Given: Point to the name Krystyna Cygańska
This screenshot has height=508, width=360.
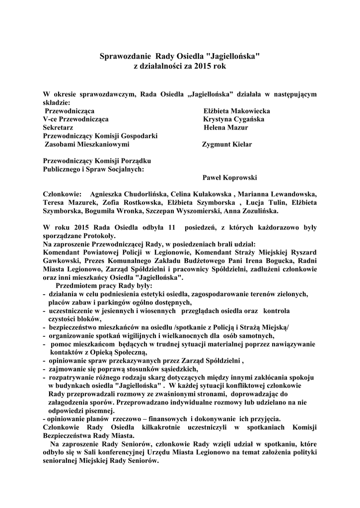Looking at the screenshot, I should [x=233, y=119].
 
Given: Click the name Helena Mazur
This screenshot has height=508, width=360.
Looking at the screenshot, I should [x=226, y=127].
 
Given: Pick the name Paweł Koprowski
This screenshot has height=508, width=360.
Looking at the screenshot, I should [x=230, y=178].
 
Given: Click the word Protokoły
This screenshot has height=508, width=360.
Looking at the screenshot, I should [x=98, y=236].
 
